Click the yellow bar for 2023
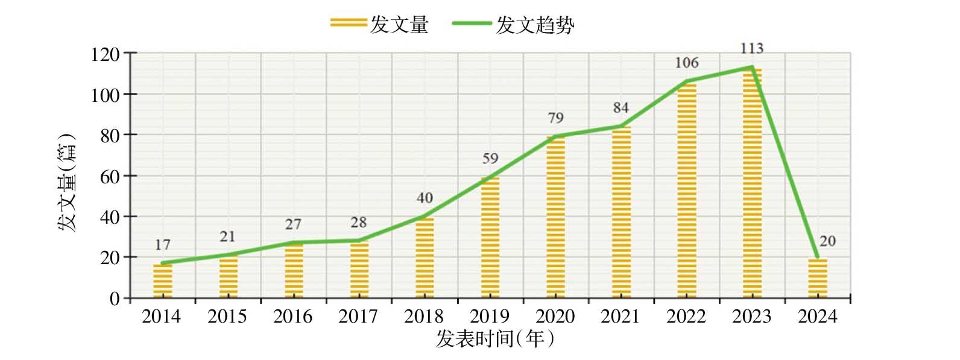click(752, 183)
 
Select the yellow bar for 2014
click(162, 281)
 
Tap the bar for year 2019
click(490, 238)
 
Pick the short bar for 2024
click(818, 278)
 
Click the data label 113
click(752, 48)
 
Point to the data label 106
click(687, 63)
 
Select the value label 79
click(556, 118)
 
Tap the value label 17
click(162, 245)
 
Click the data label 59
click(490, 159)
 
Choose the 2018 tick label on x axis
click(424, 317)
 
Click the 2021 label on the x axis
click(620, 317)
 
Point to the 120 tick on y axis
click(105, 55)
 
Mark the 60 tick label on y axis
click(110, 177)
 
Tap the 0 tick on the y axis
click(115, 298)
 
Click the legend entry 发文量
click(380, 25)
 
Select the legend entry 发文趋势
click(513, 25)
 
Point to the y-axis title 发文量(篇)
click(67, 183)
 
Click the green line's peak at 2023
click(752, 67)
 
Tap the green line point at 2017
click(359, 241)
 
